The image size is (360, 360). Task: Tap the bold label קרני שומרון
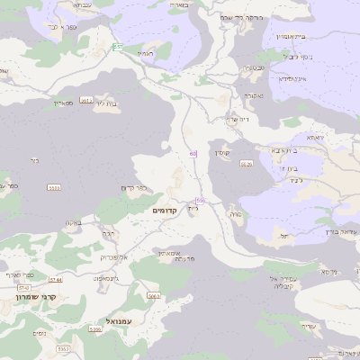tap(36, 296)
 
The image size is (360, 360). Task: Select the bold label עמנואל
tap(119, 319)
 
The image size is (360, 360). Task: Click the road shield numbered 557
tap(118, 46)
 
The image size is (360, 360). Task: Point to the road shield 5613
tap(86, 100)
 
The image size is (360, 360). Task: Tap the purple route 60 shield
tap(193, 154)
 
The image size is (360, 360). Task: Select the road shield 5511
tap(54, 187)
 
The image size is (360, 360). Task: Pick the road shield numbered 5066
tap(153, 295)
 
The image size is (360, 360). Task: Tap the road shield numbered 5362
tap(63, 347)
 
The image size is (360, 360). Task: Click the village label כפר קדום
tap(133, 188)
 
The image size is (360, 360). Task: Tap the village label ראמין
tap(147, 54)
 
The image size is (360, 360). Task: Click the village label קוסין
tap(222, 153)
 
